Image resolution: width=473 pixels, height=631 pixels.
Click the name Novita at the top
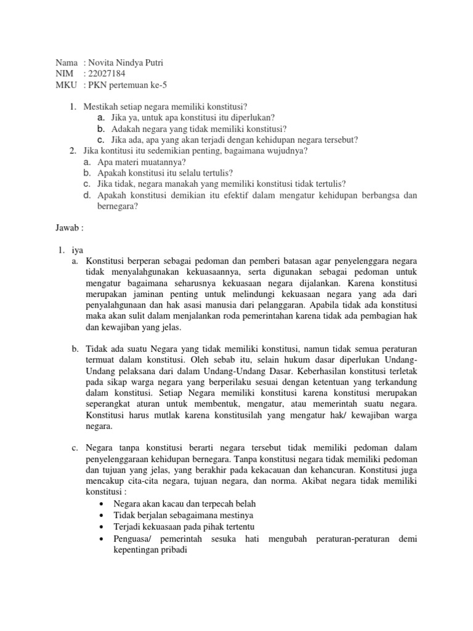(102, 63)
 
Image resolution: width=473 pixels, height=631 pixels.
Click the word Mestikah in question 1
(102, 106)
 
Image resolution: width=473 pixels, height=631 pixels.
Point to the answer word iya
(76, 249)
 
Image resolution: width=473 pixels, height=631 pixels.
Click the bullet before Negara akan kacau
(101, 503)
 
